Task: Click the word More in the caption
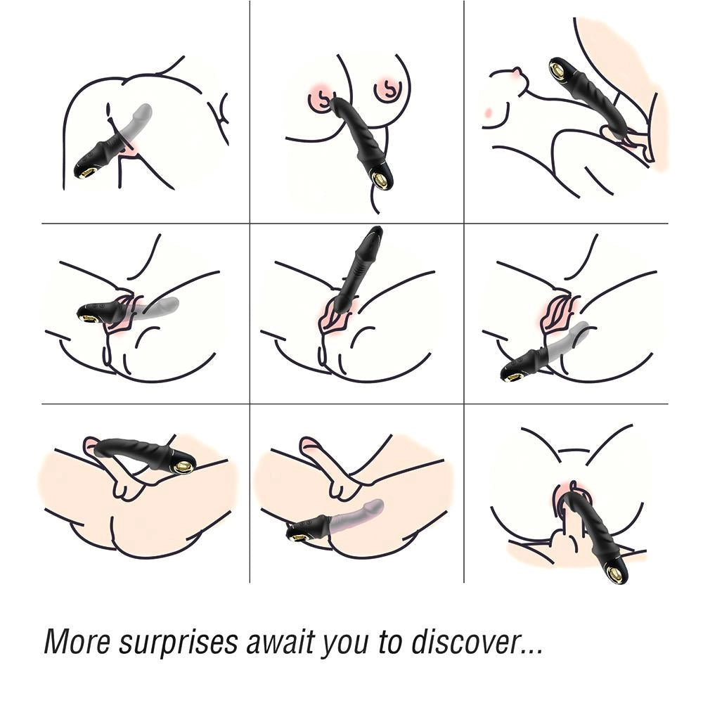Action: pyautogui.click(x=77, y=642)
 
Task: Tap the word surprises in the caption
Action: pyautogui.click(x=178, y=644)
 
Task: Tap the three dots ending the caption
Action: pyautogui.click(x=531, y=652)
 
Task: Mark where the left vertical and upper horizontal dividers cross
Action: pyautogui.click(x=250, y=224)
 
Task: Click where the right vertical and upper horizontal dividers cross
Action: pyautogui.click(x=464, y=224)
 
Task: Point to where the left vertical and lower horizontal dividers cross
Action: pyautogui.click(x=250, y=404)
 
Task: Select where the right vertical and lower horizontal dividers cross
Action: pyautogui.click(x=464, y=404)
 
